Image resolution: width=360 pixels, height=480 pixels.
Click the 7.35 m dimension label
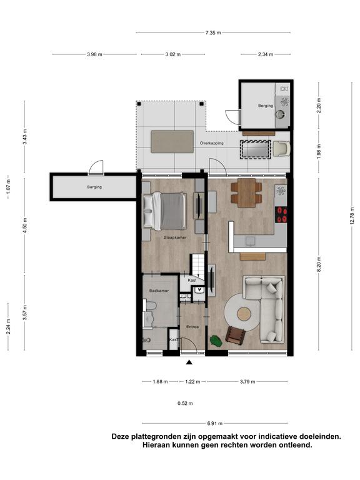point(213,32)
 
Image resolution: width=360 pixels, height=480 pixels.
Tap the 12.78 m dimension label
point(352,216)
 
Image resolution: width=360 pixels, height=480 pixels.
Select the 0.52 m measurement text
point(185,403)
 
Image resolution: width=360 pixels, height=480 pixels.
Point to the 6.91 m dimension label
point(214,423)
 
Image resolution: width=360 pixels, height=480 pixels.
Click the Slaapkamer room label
point(175,237)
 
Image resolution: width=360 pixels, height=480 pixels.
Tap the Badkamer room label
point(159,291)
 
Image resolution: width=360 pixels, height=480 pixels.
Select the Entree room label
point(192,327)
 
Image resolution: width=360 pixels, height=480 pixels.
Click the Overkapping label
point(211,143)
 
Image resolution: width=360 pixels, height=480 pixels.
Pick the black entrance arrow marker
point(189,362)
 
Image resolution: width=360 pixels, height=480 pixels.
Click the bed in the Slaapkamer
point(165,211)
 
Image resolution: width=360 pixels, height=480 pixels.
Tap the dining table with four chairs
point(246,193)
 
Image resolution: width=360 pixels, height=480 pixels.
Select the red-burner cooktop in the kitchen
point(281,214)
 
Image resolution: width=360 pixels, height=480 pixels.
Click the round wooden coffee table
point(244,314)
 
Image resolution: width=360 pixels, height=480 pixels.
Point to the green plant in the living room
point(216,341)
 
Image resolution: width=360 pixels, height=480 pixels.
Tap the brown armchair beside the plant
point(236,334)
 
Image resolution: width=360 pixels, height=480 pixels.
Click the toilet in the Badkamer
point(150,306)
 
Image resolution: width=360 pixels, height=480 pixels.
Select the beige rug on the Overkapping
point(172,141)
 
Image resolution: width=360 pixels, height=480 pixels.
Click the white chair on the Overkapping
point(281,149)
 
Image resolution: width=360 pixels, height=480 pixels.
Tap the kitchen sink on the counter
point(251,241)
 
